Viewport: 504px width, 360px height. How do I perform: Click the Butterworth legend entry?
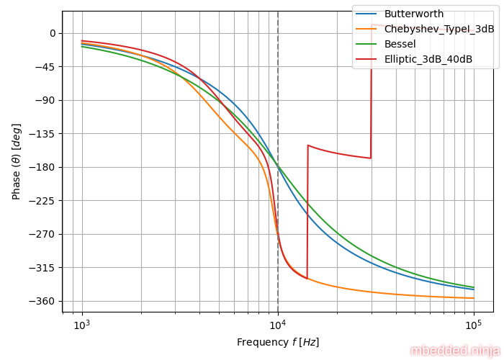pos(413,14)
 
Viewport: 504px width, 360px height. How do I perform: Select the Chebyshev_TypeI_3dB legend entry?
pos(439,29)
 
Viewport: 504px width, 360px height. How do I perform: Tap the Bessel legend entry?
pos(400,44)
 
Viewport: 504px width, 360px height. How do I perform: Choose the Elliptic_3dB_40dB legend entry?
pos(428,59)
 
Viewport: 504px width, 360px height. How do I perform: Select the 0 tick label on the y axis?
pos(52,33)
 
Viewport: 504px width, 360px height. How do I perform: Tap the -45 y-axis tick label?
pos(47,67)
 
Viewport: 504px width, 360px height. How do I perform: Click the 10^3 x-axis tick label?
pos(82,325)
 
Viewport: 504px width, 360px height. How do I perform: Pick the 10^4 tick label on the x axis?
pos(278,325)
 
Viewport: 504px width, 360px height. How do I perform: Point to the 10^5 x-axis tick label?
pos(474,325)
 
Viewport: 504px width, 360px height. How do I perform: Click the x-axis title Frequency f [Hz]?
pos(278,342)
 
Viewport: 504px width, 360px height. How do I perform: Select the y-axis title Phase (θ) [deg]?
pos(16,161)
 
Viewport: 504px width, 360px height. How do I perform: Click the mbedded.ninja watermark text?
pos(454,351)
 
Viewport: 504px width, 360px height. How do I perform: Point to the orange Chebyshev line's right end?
pos(474,298)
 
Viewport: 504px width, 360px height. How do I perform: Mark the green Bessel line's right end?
pos(474,287)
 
